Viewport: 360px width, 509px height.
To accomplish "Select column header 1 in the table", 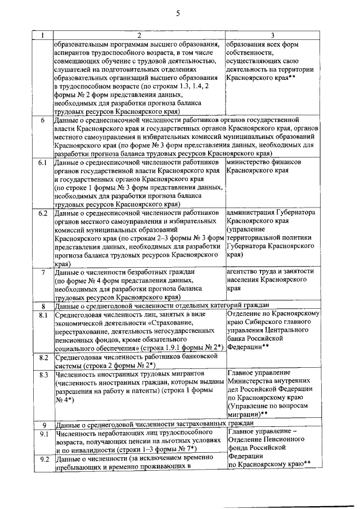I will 43,36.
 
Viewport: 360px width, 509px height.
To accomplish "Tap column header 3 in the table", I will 272,36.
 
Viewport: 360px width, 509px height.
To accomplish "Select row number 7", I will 43,272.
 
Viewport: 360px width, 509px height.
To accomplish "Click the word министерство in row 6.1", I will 250,163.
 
